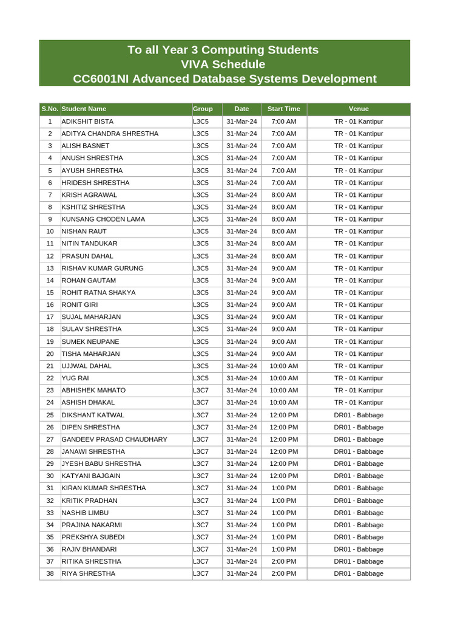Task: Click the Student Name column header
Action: [84, 109]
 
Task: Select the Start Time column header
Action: [283, 109]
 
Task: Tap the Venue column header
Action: [359, 109]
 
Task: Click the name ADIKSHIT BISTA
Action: [87, 121]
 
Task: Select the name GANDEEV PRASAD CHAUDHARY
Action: [114, 439]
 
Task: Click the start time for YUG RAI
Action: [283, 378]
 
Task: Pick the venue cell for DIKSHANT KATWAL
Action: [359, 415]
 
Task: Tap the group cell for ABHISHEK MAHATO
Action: [201, 390]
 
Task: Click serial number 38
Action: [50, 573]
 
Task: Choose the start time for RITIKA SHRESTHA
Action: [283, 561]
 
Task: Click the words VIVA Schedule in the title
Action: [223, 64]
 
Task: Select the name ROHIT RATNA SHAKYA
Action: [98, 293]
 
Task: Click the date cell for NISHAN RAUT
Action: [241, 231]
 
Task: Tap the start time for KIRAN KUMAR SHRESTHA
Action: [283, 488]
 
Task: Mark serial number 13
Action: [50, 268]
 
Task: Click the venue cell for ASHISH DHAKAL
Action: [359, 402]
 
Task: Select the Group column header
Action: [203, 109]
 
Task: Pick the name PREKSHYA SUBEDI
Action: [93, 537]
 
